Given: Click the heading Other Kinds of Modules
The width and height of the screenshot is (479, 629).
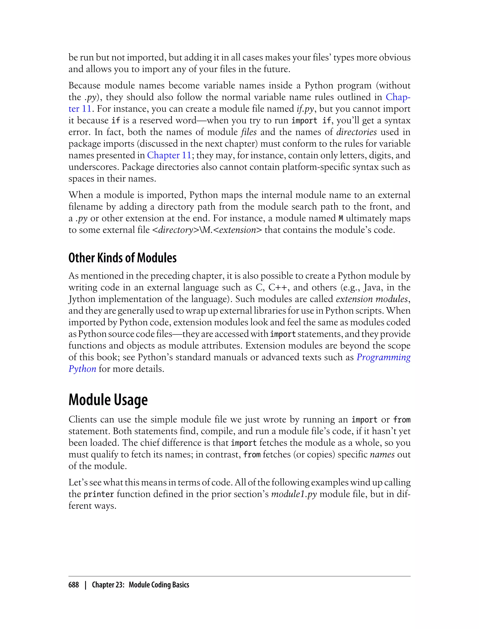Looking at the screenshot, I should [x=122, y=258].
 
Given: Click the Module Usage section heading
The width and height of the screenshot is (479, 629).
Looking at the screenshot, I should [x=108, y=400].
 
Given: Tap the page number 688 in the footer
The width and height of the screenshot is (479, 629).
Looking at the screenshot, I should [x=74, y=585].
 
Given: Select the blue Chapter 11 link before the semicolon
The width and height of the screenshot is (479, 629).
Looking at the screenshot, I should [x=169, y=155].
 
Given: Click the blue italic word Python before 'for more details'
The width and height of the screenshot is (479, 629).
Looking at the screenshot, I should [x=82, y=369].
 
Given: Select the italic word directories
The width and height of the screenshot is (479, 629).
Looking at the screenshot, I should [x=356, y=132].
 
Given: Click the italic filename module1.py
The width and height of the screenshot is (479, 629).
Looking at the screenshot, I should [x=294, y=494].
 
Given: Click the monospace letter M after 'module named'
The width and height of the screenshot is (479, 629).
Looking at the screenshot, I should [x=341, y=219].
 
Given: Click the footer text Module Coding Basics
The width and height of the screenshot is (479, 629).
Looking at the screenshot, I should [x=159, y=585].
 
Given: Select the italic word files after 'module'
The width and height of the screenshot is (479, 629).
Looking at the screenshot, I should [x=249, y=132].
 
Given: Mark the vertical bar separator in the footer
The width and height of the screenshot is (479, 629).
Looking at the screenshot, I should [x=85, y=585].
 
